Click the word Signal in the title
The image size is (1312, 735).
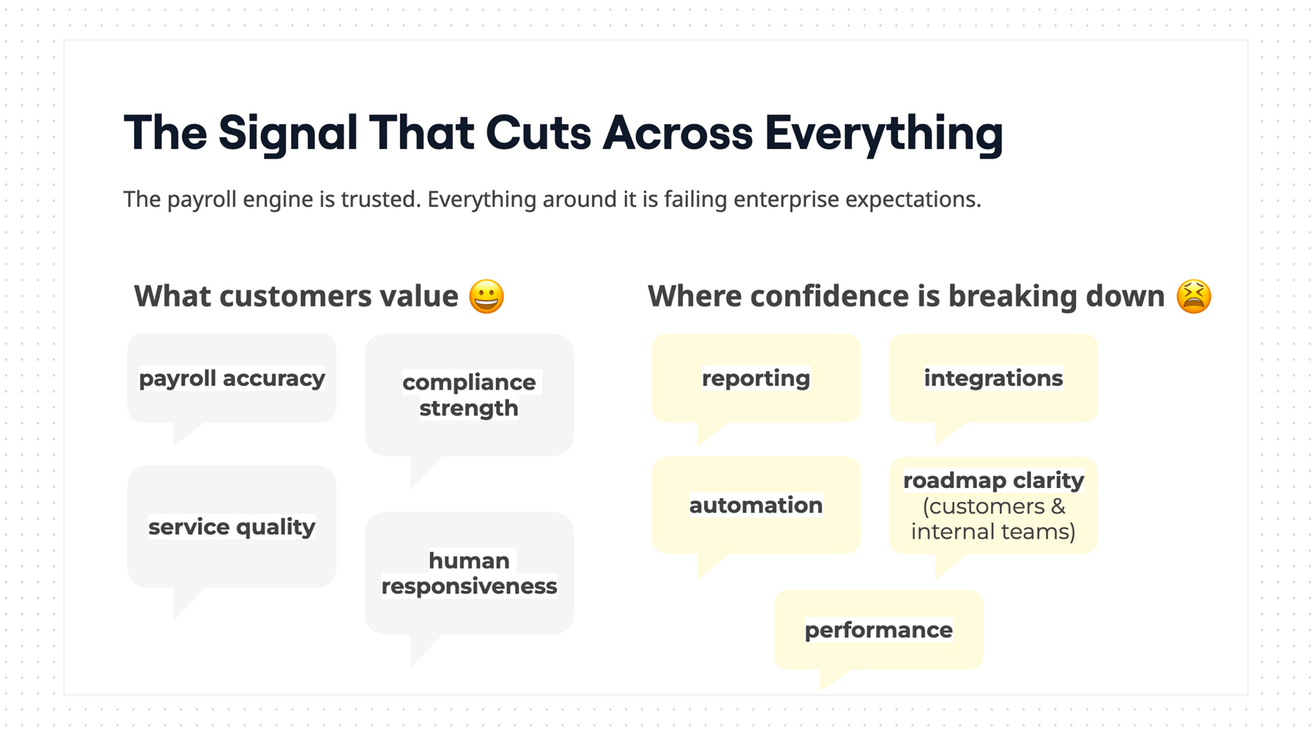tap(288, 134)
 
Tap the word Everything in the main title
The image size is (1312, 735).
tap(884, 134)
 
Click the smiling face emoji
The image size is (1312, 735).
tap(487, 296)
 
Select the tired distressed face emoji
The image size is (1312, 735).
tap(1194, 296)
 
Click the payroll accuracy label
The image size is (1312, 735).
tap(232, 379)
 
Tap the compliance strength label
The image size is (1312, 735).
tap(469, 395)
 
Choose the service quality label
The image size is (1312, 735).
tap(232, 527)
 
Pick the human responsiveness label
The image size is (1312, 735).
tap(469, 573)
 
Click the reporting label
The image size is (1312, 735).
tap(756, 379)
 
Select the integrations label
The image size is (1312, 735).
tap(994, 378)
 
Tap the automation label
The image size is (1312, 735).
tap(756, 505)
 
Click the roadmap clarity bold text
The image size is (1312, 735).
tap(994, 481)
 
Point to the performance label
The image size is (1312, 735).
tap(878, 630)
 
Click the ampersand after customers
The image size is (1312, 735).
tap(1058, 507)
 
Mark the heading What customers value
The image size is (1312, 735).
tap(296, 296)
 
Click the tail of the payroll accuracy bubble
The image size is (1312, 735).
tap(186, 431)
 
